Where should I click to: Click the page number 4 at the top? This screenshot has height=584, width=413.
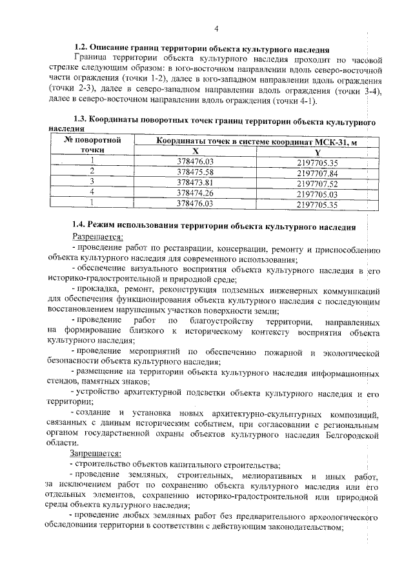(x=216, y=28)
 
